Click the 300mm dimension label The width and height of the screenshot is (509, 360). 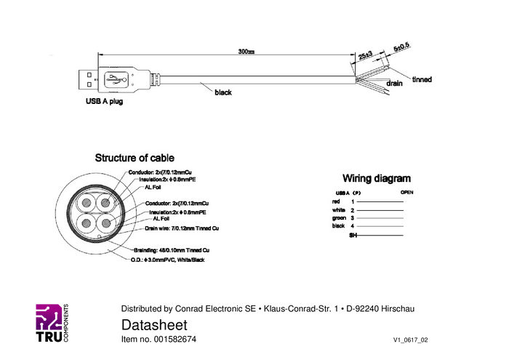[246, 52]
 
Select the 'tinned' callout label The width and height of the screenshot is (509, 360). [421, 79]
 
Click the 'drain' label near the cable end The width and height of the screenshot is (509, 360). [395, 84]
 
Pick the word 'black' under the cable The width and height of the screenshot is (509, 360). [223, 93]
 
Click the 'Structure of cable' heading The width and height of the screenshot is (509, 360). [135, 157]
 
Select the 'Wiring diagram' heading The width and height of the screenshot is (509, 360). [377, 178]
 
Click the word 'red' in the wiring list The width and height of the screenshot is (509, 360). [335, 201]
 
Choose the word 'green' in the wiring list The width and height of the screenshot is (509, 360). [338, 217]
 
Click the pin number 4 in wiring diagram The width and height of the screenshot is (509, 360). [353, 226]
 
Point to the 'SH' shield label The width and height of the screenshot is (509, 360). [353, 236]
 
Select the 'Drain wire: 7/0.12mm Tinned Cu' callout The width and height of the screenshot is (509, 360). [182, 228]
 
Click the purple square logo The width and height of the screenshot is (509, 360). [49, 317]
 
